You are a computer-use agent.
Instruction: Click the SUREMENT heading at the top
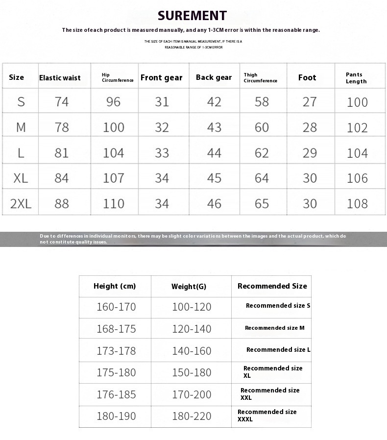click(192, 16)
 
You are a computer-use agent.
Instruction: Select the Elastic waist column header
click(60, 77)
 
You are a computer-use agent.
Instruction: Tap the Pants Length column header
click(356, 78)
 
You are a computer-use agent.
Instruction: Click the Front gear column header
click(161, 77)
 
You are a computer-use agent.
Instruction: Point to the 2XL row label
click(21, 204)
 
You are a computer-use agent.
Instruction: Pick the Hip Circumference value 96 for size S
click(113, 102)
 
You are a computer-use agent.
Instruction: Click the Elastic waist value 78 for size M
click(62, 127)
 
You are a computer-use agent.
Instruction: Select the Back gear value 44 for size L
click(214, 153)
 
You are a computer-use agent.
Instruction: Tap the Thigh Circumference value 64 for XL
click(262, 178)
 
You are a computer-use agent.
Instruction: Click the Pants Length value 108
click(357, 204)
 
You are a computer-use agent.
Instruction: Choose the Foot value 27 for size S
click(310, 102)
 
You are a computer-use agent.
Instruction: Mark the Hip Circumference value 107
click(114, 178)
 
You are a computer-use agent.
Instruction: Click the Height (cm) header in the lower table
click(115, 286)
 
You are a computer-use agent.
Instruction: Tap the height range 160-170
click(116, 307)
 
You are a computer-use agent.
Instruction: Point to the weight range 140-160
click(192, 351)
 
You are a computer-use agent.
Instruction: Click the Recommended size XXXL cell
click(267, 416)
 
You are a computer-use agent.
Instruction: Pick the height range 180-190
click(116, 416)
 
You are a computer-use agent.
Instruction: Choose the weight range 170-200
click(192, 394)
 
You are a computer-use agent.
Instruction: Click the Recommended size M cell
click(274, 328)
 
